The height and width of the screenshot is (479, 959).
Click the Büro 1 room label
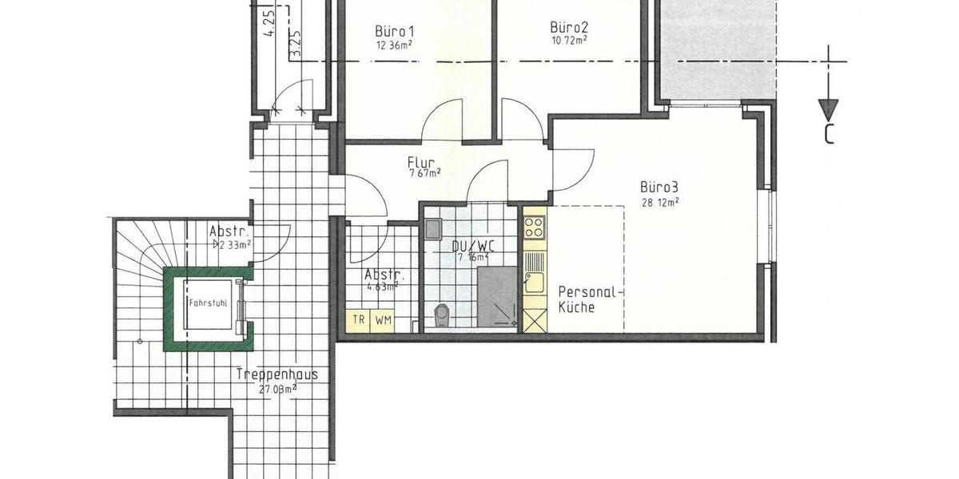[x=394, y=31]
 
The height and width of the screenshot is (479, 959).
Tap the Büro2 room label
[x=570, y=25]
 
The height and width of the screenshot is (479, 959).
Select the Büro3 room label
[x=659, y=188]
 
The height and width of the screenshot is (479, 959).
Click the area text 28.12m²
[x=659, y=203]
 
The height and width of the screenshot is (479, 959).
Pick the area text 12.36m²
[x=394, y=46]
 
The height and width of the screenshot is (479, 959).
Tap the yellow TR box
[x=360, y=320]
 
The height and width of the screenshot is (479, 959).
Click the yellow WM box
[x=384, y=320]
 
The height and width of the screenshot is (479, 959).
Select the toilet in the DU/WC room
[x=441, y=315]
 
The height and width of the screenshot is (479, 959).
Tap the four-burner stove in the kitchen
[x=534, y=227]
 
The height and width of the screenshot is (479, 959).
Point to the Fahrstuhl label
[x=208, y=303]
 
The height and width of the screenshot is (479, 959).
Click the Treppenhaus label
[x=277, y=374]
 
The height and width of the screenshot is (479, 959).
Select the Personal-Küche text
[x=587, y=299]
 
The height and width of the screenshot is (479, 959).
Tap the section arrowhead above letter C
[x=829, y=109]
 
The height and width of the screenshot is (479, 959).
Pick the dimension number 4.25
[x=269, y=23]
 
